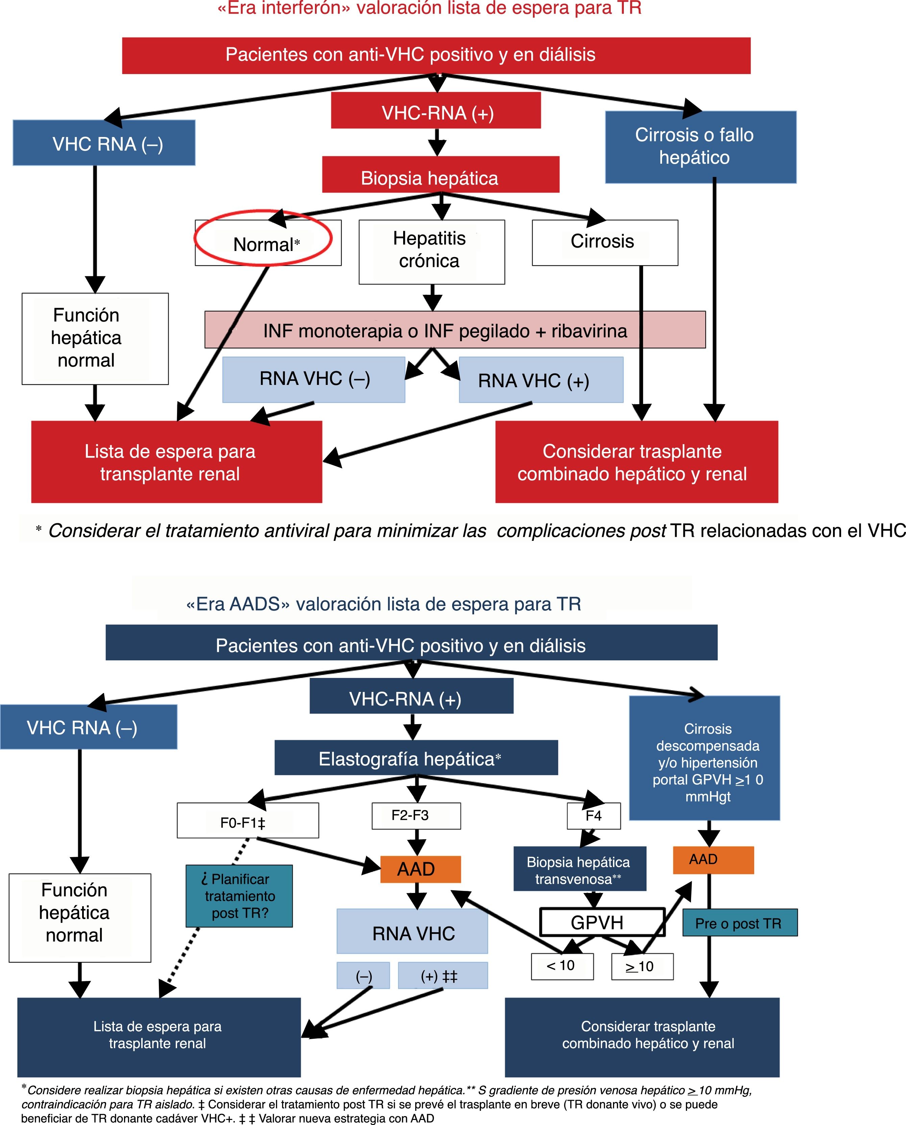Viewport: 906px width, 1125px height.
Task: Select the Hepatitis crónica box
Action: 432,251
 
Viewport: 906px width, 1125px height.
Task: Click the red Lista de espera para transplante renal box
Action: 176,462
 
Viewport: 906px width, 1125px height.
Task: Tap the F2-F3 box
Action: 416,815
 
